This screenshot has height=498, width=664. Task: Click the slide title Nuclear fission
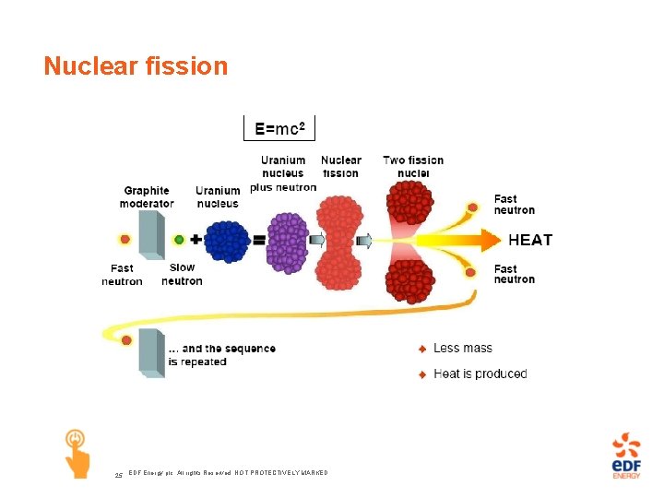(136, 66)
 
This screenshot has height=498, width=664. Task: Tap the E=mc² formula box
(279, 127)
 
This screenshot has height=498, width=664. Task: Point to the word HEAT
(530, 240)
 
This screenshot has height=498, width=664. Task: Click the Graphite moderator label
(148, 197)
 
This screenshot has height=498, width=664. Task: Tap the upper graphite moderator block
(151, 237)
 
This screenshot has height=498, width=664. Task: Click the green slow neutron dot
(179, 240)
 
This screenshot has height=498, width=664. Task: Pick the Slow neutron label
(182, 274)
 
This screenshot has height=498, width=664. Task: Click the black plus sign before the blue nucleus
(196, 240)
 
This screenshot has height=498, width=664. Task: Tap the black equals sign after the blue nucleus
(258, 240)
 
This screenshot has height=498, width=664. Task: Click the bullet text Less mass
(462, 348)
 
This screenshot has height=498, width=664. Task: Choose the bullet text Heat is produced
(480, 373)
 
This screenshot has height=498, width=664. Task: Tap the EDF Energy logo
(626, 455)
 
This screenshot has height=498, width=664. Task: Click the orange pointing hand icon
(77, 452)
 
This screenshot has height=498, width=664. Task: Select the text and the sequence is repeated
(221, 355)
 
